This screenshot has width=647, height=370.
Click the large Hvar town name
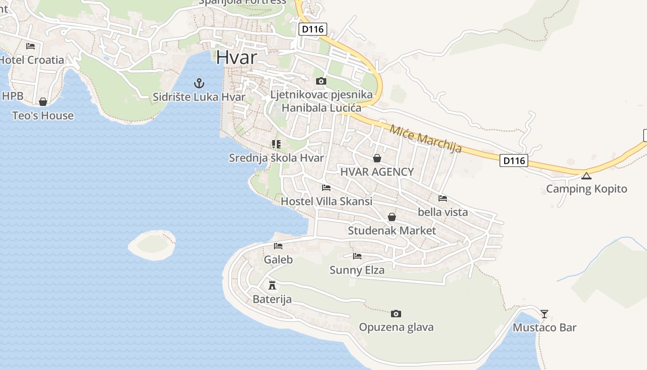(236, 57)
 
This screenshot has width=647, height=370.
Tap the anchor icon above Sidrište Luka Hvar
(199, 83)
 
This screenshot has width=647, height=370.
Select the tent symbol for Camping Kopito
(586, 176)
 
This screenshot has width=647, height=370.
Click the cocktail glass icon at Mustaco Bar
(544, 314)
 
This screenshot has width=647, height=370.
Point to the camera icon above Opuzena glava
(396, 314)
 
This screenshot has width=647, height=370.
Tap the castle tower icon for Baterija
(272, 285)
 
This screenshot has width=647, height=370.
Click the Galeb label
(278, 259)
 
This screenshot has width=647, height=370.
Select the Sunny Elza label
(357, 270)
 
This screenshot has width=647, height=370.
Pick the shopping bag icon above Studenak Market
(392, 217)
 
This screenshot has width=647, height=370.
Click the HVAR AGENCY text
(377, 172)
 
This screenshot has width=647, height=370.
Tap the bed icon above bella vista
(443, 198)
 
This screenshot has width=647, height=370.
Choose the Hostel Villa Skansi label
(326, 201)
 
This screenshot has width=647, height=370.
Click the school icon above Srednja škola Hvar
(276, 144)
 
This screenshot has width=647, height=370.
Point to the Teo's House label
(43, 116)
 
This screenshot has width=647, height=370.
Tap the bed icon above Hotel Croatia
(31, 46)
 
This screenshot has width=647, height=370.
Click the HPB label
(12, 96)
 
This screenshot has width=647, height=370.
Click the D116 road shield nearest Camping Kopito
(514, 161)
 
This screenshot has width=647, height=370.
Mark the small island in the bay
(152, 245)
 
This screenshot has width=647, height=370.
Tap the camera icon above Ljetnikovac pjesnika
(321, 81)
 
